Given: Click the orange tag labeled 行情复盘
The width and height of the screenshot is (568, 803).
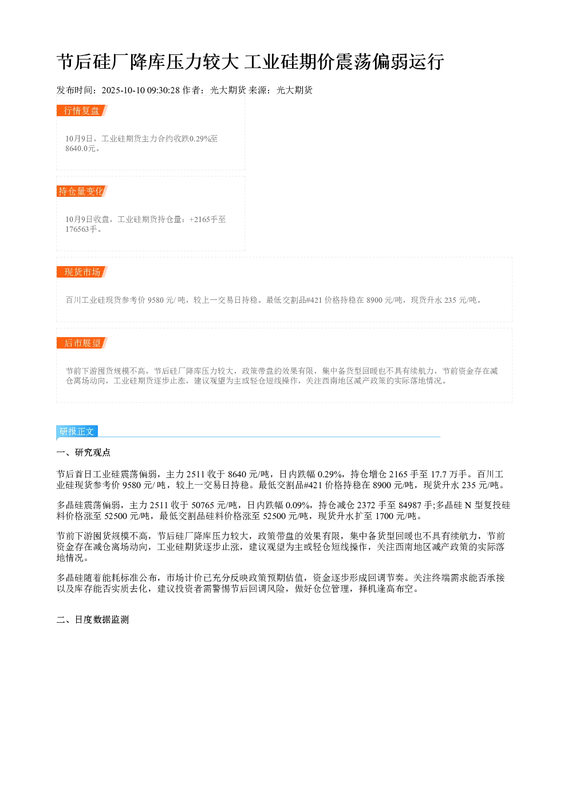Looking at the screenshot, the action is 82,110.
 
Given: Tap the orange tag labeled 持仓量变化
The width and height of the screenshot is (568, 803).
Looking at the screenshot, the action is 82,191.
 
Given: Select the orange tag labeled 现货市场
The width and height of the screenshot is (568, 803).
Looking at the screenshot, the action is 82,272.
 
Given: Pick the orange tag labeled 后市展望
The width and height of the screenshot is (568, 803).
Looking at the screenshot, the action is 82,343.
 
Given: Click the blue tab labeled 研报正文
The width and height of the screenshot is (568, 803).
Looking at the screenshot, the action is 77,431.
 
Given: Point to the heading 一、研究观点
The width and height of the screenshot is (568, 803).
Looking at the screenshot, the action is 83,452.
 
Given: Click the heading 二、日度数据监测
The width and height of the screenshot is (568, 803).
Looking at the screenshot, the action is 93,619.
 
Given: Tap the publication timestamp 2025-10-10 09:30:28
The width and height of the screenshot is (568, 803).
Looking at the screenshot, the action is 140,90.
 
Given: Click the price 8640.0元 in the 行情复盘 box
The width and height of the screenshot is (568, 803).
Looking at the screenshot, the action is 80,148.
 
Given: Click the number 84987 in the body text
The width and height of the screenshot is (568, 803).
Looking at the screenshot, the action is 409,505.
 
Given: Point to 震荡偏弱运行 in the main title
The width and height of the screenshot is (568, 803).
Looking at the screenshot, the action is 390,62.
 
